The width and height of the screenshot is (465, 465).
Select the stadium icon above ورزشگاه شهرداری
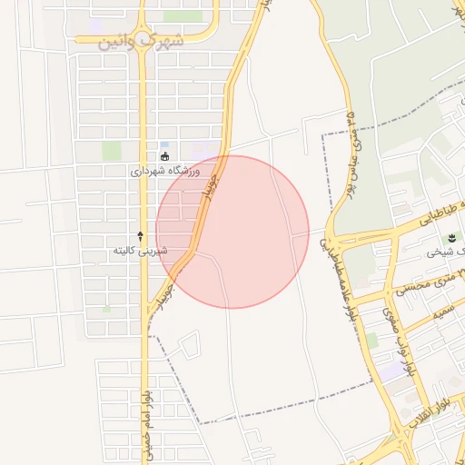point(165,157)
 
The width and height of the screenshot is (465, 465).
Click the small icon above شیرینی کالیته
point(140,235)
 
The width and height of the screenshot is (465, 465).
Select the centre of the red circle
point(232,232)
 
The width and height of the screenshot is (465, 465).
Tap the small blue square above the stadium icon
point(164,144)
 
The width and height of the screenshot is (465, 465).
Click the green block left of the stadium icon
point(111,151)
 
